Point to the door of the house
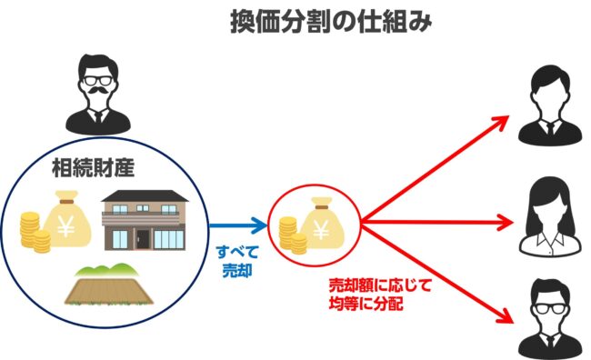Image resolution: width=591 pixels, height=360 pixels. coord(142,239)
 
